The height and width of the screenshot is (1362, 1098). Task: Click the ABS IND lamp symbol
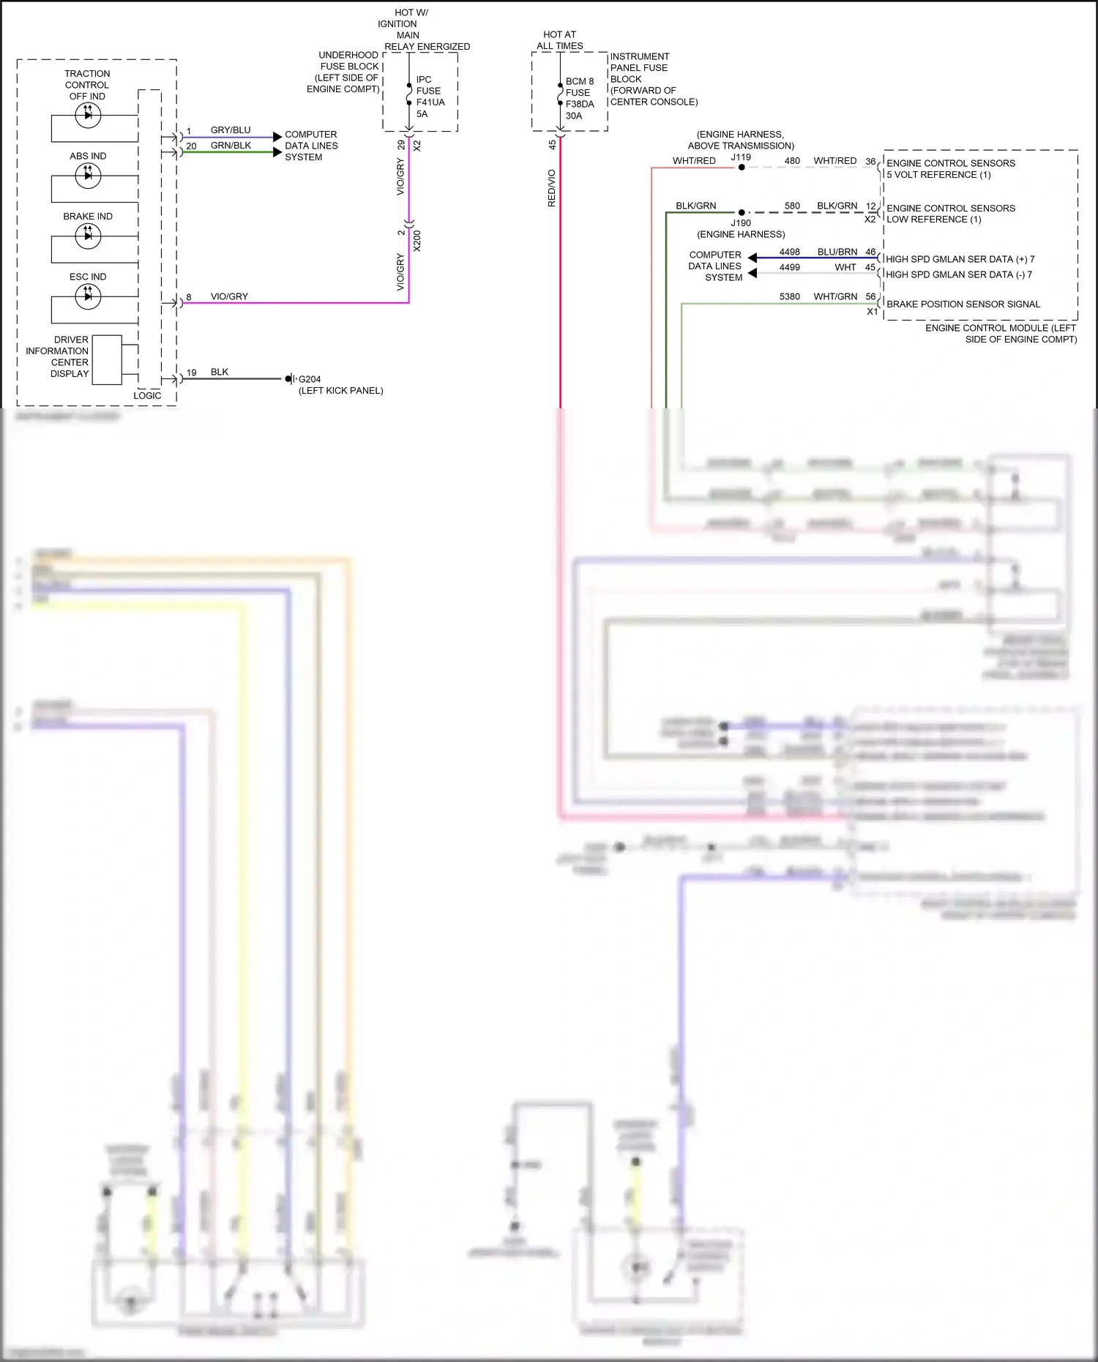tap(88, 175)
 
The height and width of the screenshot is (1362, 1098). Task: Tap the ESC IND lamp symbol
tap(88, 296)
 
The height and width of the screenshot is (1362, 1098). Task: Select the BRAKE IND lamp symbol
tap(88, 235)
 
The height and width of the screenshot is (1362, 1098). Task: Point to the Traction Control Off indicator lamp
tap(88, 114)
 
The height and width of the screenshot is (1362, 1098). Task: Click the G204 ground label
tap(310, 379)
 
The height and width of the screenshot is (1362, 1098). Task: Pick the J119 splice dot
tap(742, 168)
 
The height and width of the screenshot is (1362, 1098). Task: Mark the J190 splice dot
tap(742, 213)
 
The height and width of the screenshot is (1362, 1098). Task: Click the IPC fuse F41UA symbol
tap(409, 94)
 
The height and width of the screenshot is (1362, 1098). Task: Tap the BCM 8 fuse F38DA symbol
tap(560, 94)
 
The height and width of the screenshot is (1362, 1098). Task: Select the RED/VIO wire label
tap(552, 188)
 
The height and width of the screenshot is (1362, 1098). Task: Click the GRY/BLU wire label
tap(231, 130)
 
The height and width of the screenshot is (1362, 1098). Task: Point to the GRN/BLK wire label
tap(231, 146)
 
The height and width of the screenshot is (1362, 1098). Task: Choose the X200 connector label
tap(417, 241)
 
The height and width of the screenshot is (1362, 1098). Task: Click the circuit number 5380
tap(790, 296)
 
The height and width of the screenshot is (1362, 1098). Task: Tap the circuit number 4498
tap(790, 252)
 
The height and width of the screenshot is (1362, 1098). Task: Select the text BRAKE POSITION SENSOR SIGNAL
tap(963, 304)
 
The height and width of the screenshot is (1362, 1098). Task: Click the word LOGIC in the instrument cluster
tap(147, 396)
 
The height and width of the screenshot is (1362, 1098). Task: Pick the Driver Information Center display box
tap(107, 359)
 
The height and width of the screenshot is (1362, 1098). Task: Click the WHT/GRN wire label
tap(835, 296)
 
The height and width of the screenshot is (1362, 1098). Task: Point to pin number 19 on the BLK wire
tap(192, 373)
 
